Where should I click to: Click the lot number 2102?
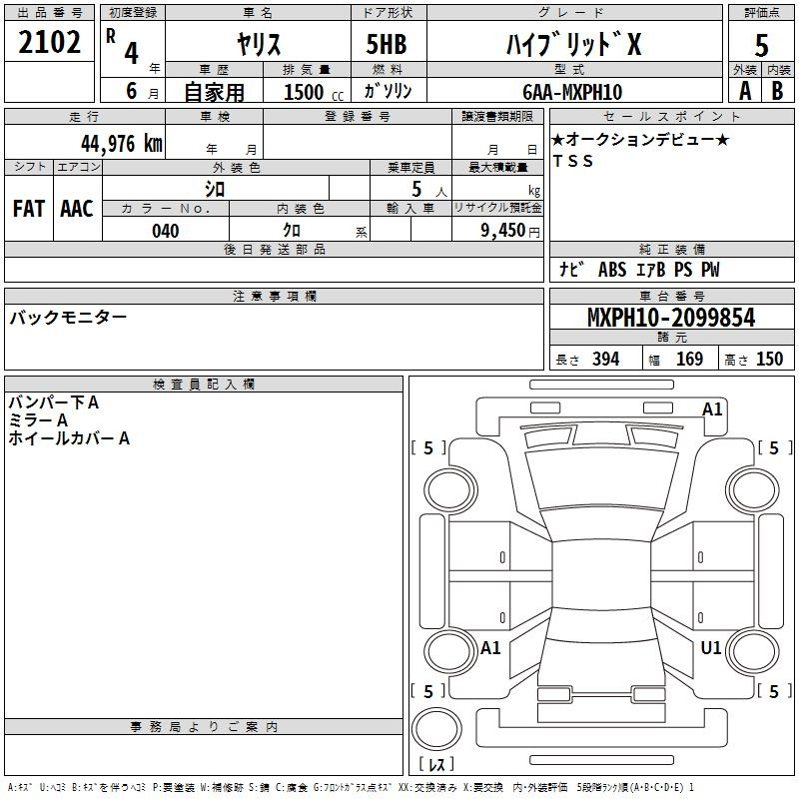(x=49, y=42)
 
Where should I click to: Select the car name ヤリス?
(x=259, y=44)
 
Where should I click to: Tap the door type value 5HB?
(x=387, y=44)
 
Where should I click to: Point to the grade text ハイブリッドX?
(x=573, y=44)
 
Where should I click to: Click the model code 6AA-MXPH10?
(x=572, y=92)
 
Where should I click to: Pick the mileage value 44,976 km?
(x=122, y=143)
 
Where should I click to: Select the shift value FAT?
(x=29, y=209)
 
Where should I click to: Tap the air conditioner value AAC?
(x=77, y=209)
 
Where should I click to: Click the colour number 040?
(x=166, y=231)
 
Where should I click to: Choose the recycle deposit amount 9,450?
(x=503, y=230)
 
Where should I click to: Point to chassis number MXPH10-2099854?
(x=671, y=318)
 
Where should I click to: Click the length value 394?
(x=606, y=359)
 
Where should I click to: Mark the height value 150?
(x=769, y=359)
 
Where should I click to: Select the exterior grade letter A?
(x=745, y=91)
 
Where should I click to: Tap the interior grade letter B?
(x=777, y=91)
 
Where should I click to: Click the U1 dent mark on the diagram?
(x=711, y=647)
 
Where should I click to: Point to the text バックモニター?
(x=68, y=318)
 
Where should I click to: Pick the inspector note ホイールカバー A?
(x=69, y=438)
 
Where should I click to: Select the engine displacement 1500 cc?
(x=314, y=92)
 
